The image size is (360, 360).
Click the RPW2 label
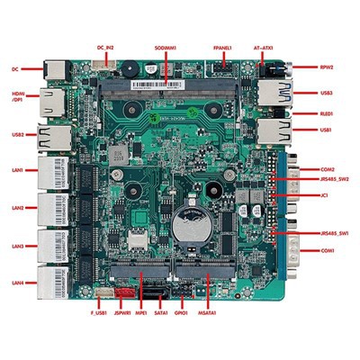point(328,66)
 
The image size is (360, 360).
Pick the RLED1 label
point(328,114)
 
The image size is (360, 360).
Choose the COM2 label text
point(328,169)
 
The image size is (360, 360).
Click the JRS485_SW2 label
point(335,180)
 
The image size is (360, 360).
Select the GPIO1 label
point(184,312)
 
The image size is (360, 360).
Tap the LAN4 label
point(17,283)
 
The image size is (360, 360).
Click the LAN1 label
point(17,170)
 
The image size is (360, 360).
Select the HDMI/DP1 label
point(18,99)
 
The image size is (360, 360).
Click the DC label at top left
point(14,67)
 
